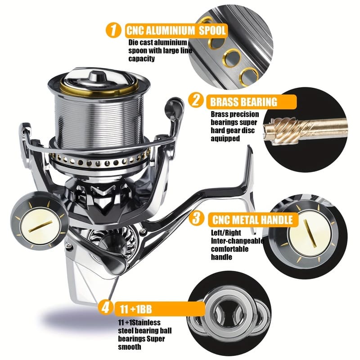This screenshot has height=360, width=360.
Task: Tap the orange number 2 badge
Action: (196, 100)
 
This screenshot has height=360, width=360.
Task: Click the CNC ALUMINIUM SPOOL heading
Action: (176, 31)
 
